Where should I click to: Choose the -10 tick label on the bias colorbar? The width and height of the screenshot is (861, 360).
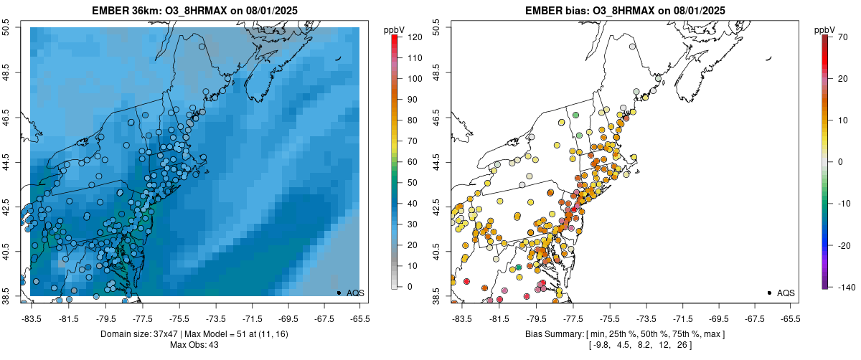point(841,203)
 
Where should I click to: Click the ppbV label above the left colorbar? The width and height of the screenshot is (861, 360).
point(394,29)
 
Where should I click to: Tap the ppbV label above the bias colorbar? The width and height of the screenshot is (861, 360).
point(824,29)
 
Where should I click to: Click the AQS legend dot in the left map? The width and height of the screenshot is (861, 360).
point(339,293)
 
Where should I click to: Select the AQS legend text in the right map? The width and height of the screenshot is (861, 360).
point(786,293)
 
